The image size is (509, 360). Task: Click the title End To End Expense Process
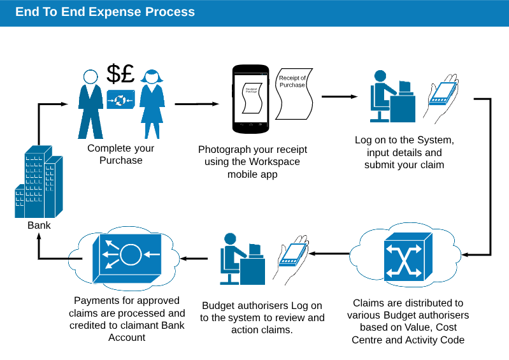pos(105,12)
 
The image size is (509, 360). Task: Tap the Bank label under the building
pos(39,225)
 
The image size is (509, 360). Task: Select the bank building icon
pos(39,182)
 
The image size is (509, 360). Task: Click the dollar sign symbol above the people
pos(113,75)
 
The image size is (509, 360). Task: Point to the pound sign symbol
pos(127,75)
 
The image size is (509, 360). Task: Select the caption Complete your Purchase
pos(121,154)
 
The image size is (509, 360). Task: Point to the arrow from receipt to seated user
pos(340,97)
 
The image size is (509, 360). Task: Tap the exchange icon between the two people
pos(120,99)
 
